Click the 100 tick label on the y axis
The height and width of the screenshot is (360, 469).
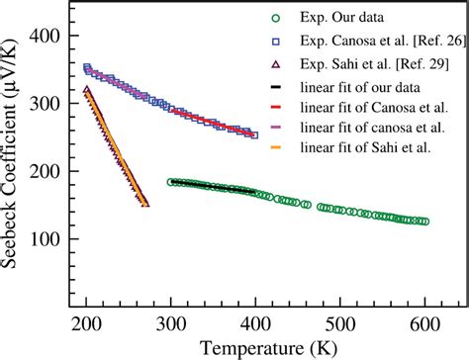46,239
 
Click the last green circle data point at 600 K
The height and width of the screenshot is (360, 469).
424,222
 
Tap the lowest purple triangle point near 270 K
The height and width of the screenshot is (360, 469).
145,203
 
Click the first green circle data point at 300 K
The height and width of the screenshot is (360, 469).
171,182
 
